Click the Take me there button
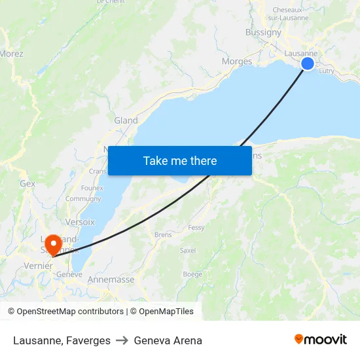pos(180,160)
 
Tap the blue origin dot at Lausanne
pos(307,63)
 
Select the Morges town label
pos(237,62)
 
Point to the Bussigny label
pos(263,32)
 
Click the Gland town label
pos(126,120)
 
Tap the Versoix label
pos(80,222)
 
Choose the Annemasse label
pos(111,279)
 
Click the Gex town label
pos(27,184)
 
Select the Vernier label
pos(37,266)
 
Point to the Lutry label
pos(327,72)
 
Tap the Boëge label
pos(192,274)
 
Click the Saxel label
pos(188,251)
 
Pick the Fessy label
pos(196,228)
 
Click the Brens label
pos(163,234)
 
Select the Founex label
pos(92,188)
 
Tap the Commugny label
pos(83,198)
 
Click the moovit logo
pos(320,340)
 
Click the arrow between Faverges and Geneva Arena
pos(122,340)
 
